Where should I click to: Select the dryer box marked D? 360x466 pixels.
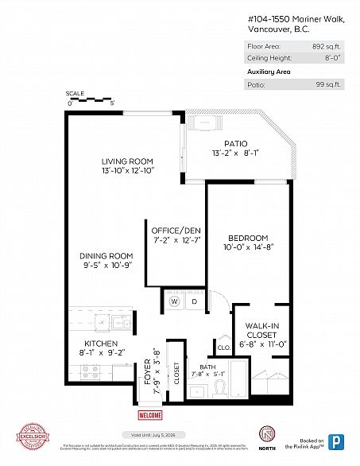pos(193,302)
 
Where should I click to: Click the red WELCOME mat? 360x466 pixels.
pos(150,415)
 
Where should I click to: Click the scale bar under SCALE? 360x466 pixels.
pos(91,100)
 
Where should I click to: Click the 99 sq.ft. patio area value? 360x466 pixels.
pos(328,83)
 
